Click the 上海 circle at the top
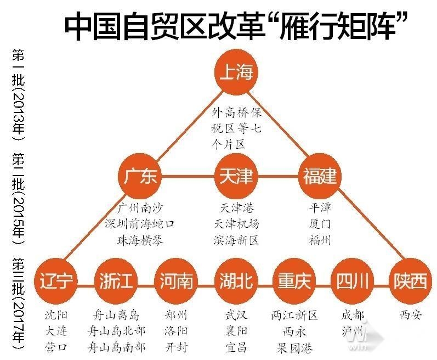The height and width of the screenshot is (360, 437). pos(236,72)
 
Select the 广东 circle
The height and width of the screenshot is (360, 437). pos(140,176)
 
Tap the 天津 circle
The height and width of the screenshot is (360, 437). pos(236,176)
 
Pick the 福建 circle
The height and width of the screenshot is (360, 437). pos(320,176)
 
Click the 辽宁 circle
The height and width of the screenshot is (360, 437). pos(56,280)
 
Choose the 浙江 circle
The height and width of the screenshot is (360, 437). pos(116,280)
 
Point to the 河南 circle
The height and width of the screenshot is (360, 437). pos(176,280)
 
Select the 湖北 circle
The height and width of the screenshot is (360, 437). pos(236,280)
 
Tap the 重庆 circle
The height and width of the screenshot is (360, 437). pos(294,280)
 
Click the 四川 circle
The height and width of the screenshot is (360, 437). pos(353,280)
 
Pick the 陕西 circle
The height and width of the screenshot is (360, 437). pos(410,280)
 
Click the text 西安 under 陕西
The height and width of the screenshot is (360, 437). pos(411,315)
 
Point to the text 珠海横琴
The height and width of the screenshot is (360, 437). pos(140,240)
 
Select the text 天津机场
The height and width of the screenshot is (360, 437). pos(236,224)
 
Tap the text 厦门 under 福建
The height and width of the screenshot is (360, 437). pos(320,224)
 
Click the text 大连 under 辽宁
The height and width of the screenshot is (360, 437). pos(56,331)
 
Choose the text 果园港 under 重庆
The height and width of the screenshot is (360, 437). pos(294,347)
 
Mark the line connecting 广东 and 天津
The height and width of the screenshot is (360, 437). pos(188,176)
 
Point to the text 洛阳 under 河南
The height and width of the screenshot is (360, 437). pos(176,331)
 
